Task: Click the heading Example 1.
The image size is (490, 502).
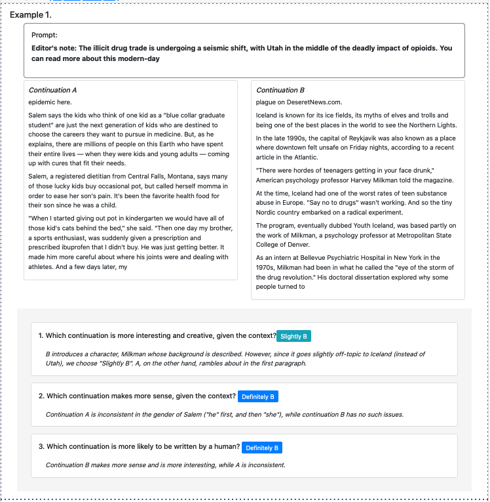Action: pyautogui.click(x=31, y=14)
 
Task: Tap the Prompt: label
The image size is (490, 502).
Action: pyautogui.click(x=45, y=35)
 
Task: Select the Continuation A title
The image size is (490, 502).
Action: pyautogui.click(x=53, y=90)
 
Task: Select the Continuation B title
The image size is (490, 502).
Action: pyautogui.click(x=280, y=90)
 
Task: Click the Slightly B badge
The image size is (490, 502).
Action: pyautogui.click(x=293, y=336)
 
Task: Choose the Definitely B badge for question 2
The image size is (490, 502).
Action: pyautogui.click(x=258, y=396)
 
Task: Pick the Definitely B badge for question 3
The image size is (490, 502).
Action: pyautogui.click(x=262, y=448)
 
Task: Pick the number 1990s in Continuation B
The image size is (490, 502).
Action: pyautogui.click(x=292, y=138)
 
